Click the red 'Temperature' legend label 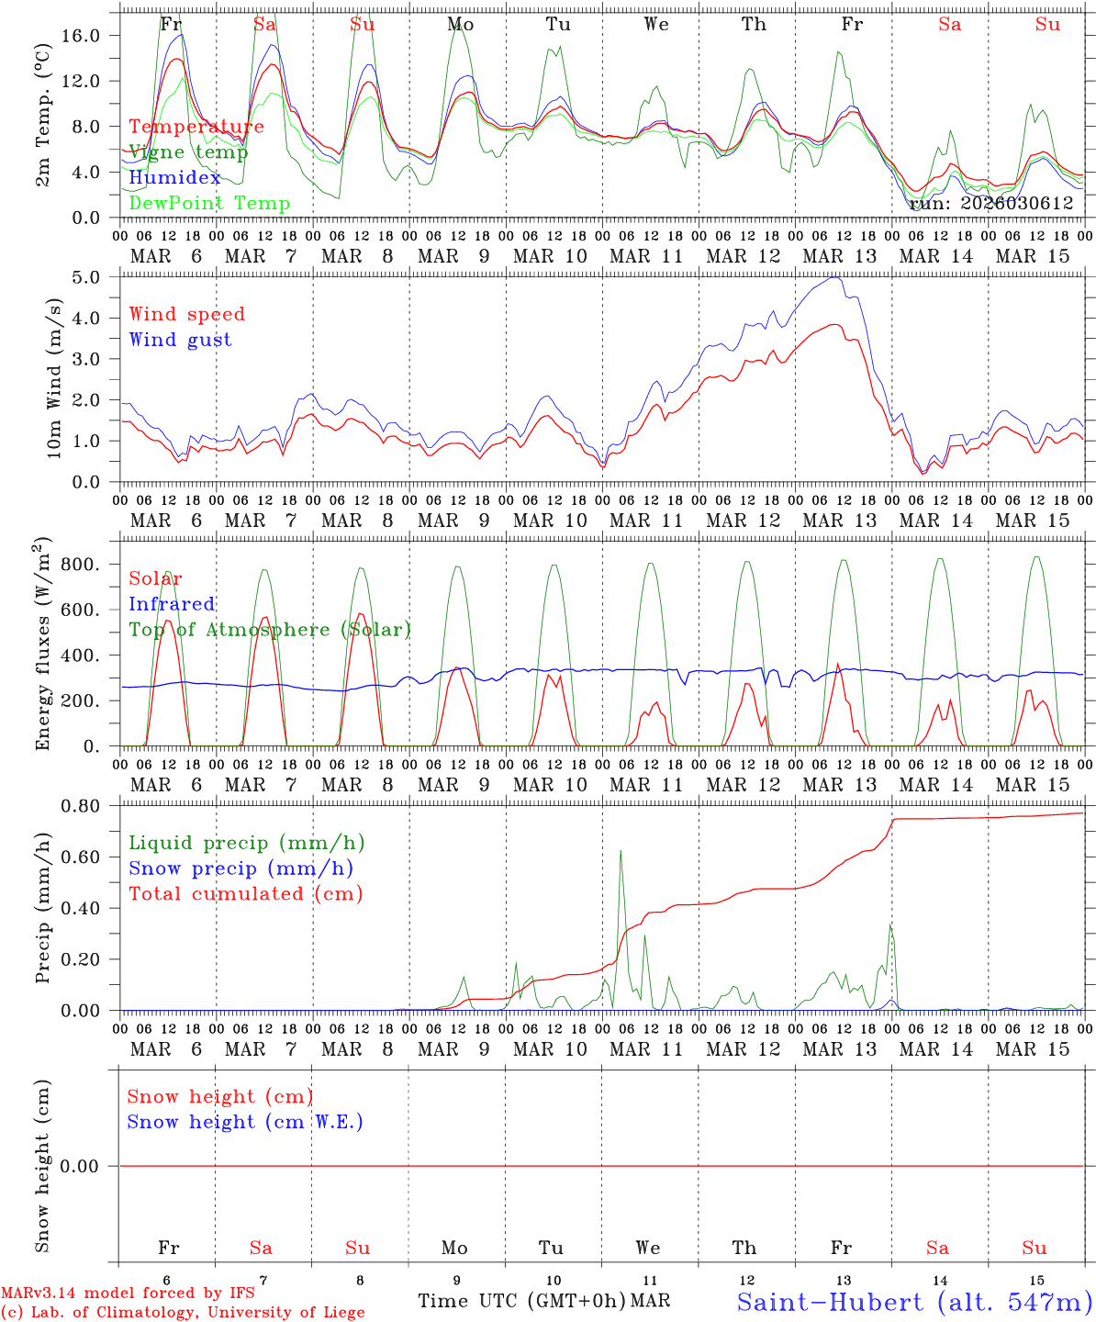[x=196, y=127]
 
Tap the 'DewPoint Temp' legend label [x=209, y=204]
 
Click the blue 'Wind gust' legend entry [x=180, y=340]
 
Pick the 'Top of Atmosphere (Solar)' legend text [x=270, y=630]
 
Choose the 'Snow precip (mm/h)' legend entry [x=240, y=868]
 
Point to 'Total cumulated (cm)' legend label [x=245, y=893]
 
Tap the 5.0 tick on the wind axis [x=92, y=277]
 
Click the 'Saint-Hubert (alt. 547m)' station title [x=914, y=1301]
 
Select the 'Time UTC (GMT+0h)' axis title [x=521, y=1301]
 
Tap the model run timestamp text [x=990, y=204]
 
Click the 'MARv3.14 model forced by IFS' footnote [x=128, y=1294]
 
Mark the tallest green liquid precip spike [x=621, y=852]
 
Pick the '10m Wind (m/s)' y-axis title [x=54, y=378]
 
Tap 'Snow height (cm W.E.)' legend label [x=245, y=1122]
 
